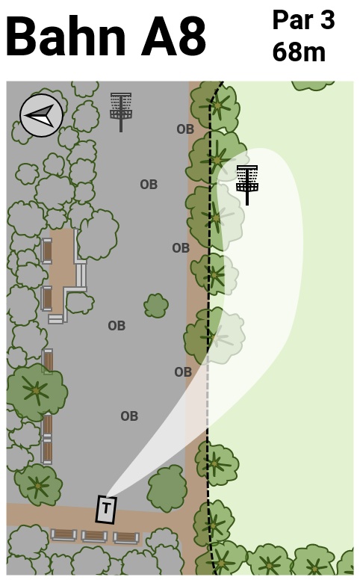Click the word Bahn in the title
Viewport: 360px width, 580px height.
point(66,36)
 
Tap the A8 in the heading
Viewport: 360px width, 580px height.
point(173,37)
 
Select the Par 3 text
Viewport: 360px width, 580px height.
point(303,20)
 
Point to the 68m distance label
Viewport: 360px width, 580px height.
point(299,52)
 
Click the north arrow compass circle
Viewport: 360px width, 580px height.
point(41,115)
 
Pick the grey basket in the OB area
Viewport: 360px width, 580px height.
point(121,111)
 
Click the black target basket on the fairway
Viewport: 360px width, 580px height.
point(247,185)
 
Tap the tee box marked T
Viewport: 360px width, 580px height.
point(107,509)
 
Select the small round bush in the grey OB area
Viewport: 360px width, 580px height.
point(156,306)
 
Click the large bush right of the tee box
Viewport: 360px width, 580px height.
point(167,488)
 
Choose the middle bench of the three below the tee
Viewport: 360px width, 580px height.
point(94,536)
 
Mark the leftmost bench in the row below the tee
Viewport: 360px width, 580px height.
point(63,534)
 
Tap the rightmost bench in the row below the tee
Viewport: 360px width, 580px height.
point(126,537)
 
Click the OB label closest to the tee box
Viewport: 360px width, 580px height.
point(129,416)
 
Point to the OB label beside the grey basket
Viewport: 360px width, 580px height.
point(185,129)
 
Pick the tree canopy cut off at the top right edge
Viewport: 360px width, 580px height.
point(312,85)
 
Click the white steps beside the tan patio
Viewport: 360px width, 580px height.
point(80,275)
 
